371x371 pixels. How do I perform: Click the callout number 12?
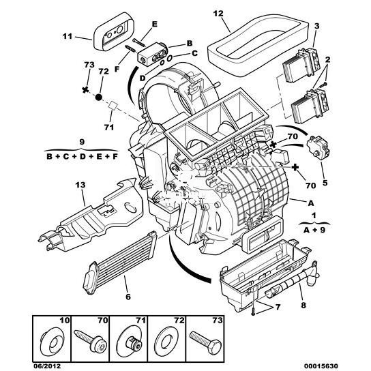(218, 14)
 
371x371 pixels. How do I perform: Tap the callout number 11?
(68, 36)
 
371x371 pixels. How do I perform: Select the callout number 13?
(80, 185)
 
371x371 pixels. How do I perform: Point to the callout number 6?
(128, 297)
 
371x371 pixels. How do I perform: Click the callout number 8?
(303, 306)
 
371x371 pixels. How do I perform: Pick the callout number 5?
(325, 182)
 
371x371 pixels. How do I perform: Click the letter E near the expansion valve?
(154, 24)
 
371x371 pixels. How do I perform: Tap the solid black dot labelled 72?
(98, 97)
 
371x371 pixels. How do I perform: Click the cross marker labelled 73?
(85, 89)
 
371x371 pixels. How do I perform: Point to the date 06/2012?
(46, 366)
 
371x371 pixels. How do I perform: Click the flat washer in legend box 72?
(167, 342)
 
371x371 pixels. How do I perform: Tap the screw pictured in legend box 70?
(91, 341)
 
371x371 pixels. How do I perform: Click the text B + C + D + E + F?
(82, 156)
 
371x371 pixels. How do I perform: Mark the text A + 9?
(314, 230)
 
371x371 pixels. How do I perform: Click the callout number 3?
(316, 26)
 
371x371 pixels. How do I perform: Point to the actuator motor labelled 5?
(318, 147)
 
